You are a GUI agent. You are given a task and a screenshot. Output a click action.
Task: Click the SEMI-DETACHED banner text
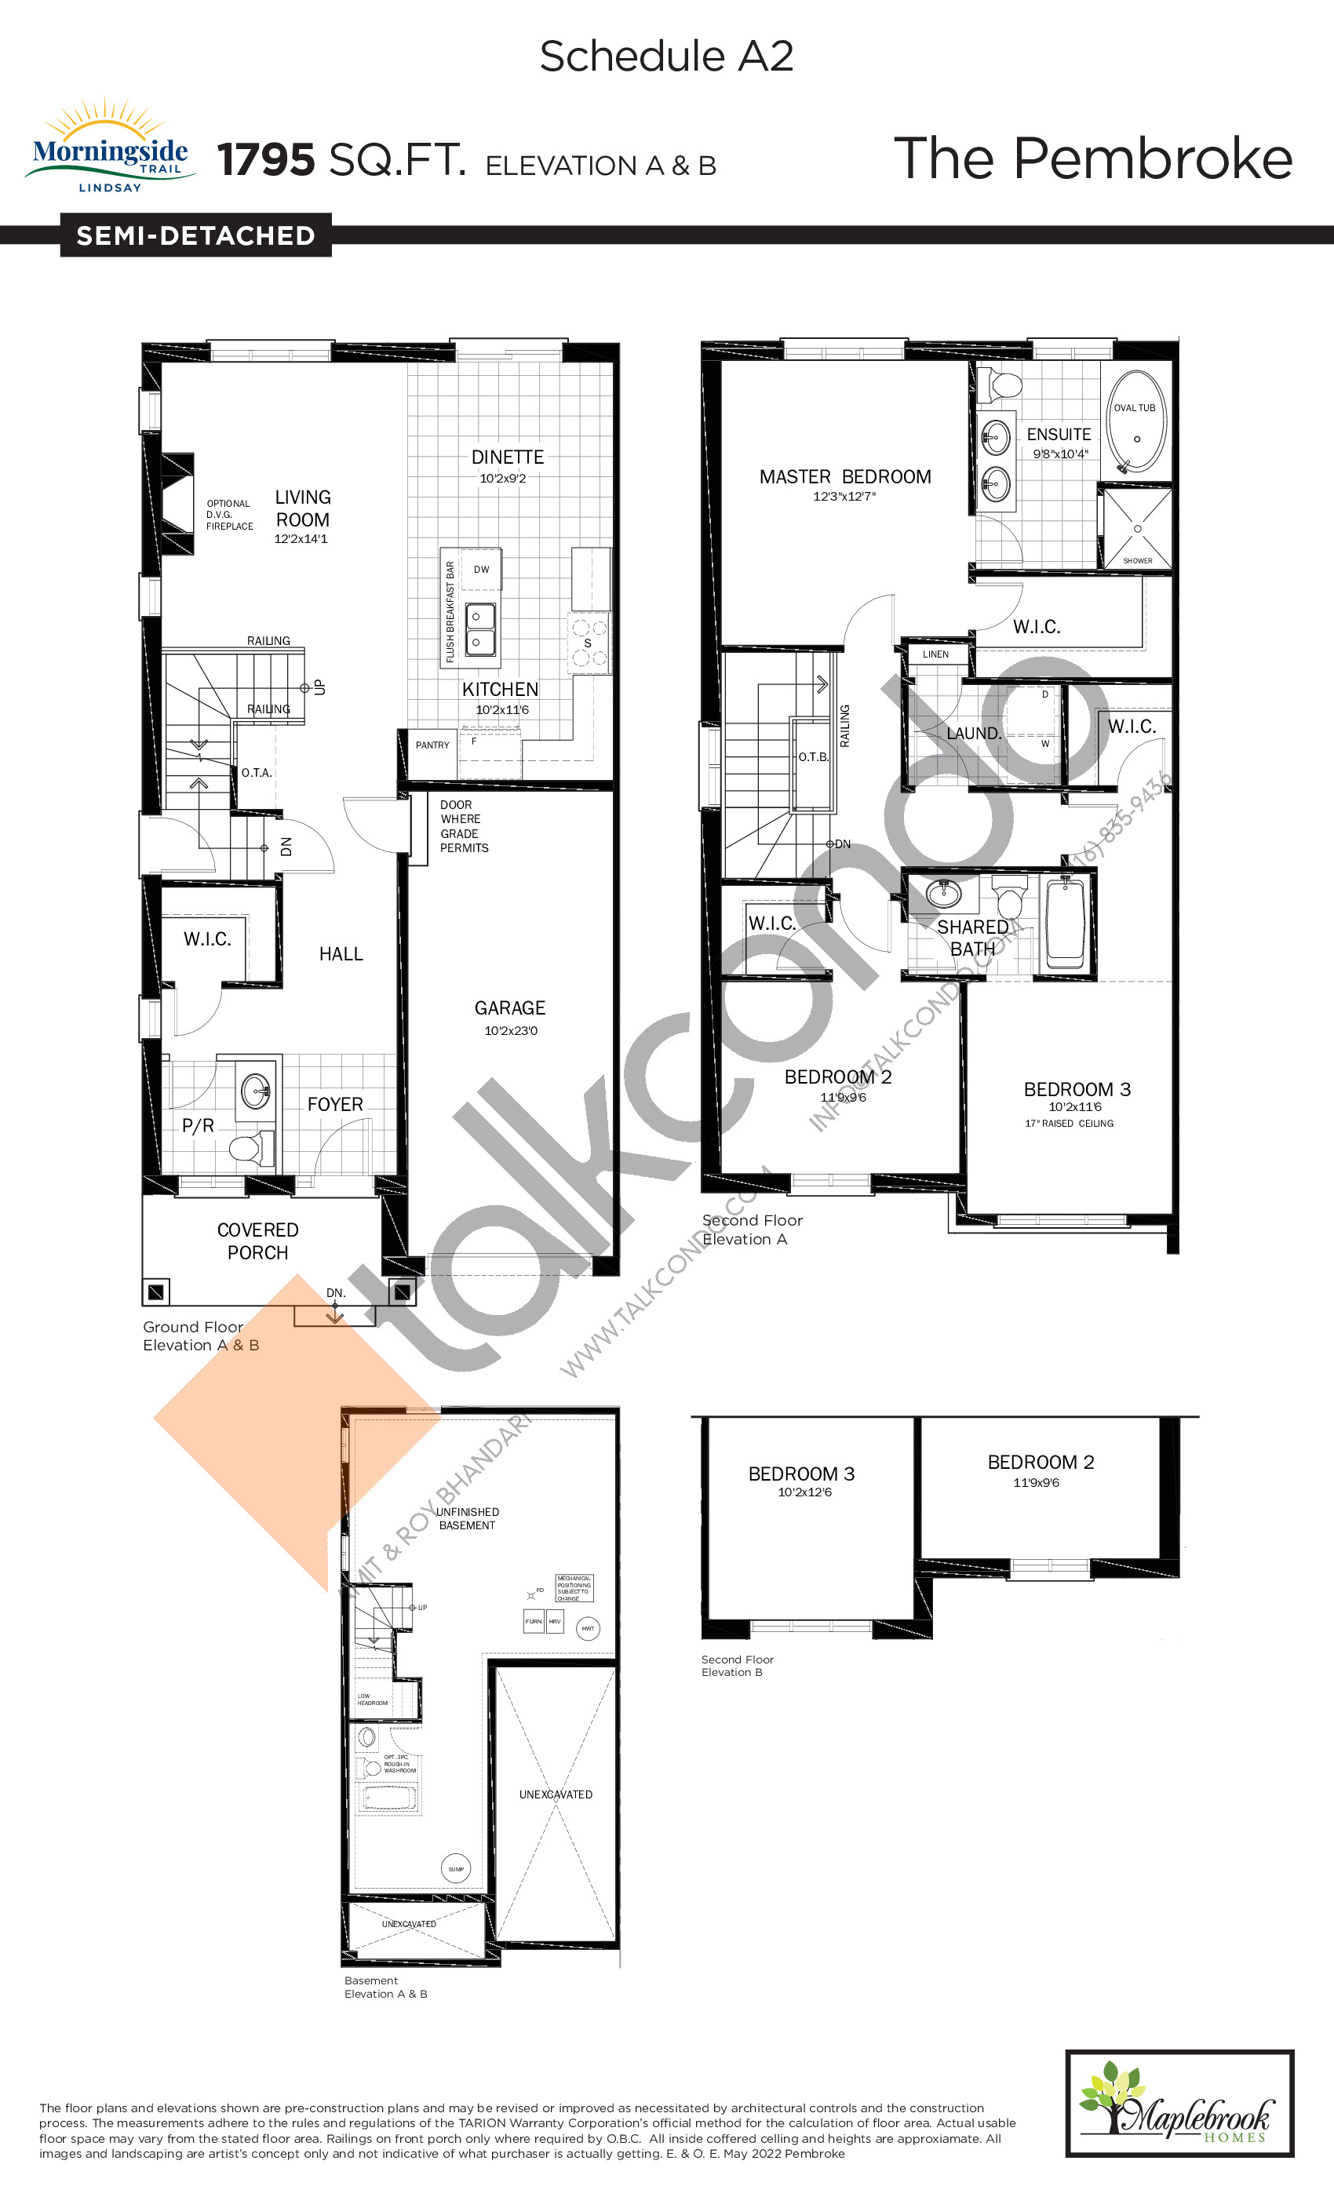195,235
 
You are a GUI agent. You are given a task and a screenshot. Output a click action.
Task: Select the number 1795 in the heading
266,161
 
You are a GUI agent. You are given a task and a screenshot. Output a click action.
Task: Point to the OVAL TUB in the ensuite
1135,424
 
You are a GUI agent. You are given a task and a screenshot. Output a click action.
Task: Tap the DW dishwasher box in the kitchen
482,570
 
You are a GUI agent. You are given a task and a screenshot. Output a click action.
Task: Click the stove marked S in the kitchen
589,643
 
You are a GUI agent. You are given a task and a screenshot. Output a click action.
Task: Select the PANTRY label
432,745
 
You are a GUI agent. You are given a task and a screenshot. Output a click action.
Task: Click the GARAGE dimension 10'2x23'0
510,1031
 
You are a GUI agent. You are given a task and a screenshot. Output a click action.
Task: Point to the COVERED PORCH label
257,1241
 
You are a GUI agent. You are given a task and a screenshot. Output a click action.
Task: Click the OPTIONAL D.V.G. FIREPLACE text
229,515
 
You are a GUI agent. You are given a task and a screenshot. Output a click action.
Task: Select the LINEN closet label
935,654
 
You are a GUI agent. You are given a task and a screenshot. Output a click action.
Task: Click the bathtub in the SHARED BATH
1065,923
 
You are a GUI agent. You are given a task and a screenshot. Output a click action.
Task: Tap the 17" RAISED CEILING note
1068,1124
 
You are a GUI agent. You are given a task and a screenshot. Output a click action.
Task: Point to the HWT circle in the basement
588,1628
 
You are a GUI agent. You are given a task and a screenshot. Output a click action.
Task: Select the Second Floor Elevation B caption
737,1666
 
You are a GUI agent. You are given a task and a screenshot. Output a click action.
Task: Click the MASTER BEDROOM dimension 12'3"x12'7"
844,497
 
